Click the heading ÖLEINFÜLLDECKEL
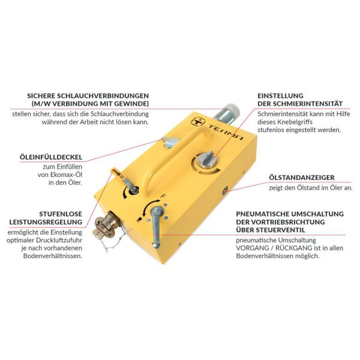tap(51, 157)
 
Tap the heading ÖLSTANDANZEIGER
tap(302, 178)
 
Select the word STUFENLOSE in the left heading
tap(61, 214)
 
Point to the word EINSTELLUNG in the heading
tap(280, 96)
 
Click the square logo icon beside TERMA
tap(198, 121)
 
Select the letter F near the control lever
tap(164, 196)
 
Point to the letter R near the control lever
tap(138, 220)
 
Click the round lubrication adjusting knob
tap(206, 160)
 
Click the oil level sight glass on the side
tap(225, 191)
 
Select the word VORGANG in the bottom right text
tap(250, 248)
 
